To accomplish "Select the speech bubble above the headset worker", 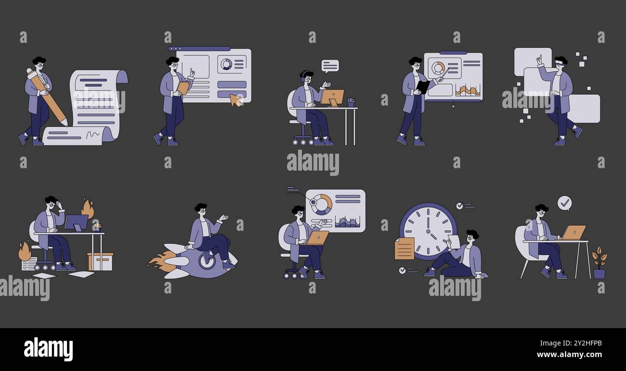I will pyautogui.click(x=330, y=66).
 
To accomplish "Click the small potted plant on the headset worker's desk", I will pyautogui.click(x=351, y=102).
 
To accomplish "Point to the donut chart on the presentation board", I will pyautogui.click(x=438, y=68).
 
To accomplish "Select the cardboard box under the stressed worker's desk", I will pyautogui.click(x=100, y=262).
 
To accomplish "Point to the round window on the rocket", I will pyautogui.click(x=207, y=261).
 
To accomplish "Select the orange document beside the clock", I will pyautogui.click(x=404, y=249).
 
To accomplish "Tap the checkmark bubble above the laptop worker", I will pyautogui.click(x=564, y=203).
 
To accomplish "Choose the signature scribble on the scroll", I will pyautogui.click(x=92, y=135).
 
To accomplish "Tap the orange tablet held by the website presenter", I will pyautogui.click(x=183, y=88).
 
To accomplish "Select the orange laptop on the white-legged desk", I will pyautogui.click(x=574, y=232).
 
